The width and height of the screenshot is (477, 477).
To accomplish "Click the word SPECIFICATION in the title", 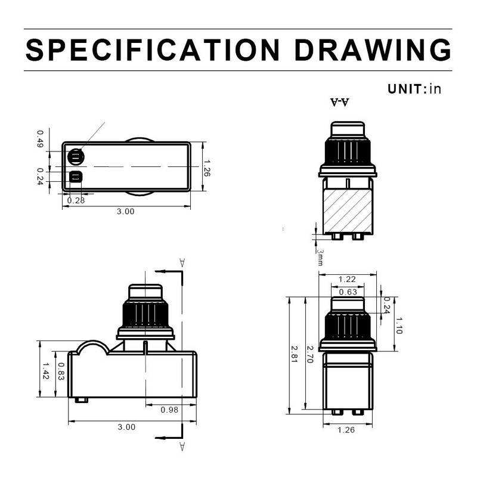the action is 153,49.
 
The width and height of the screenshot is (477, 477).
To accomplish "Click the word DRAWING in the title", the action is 373,49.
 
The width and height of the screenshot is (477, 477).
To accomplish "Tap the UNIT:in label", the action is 414,89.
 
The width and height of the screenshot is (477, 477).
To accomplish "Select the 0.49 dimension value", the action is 40,139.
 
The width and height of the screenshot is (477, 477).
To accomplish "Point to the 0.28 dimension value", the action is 76,200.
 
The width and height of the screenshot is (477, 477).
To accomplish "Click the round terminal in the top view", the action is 76,157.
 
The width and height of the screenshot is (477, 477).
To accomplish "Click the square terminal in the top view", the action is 76,176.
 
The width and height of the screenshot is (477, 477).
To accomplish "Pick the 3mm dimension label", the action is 320,258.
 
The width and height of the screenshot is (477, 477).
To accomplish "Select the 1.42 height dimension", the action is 45,370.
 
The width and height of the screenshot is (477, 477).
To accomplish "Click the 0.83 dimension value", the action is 61,371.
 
